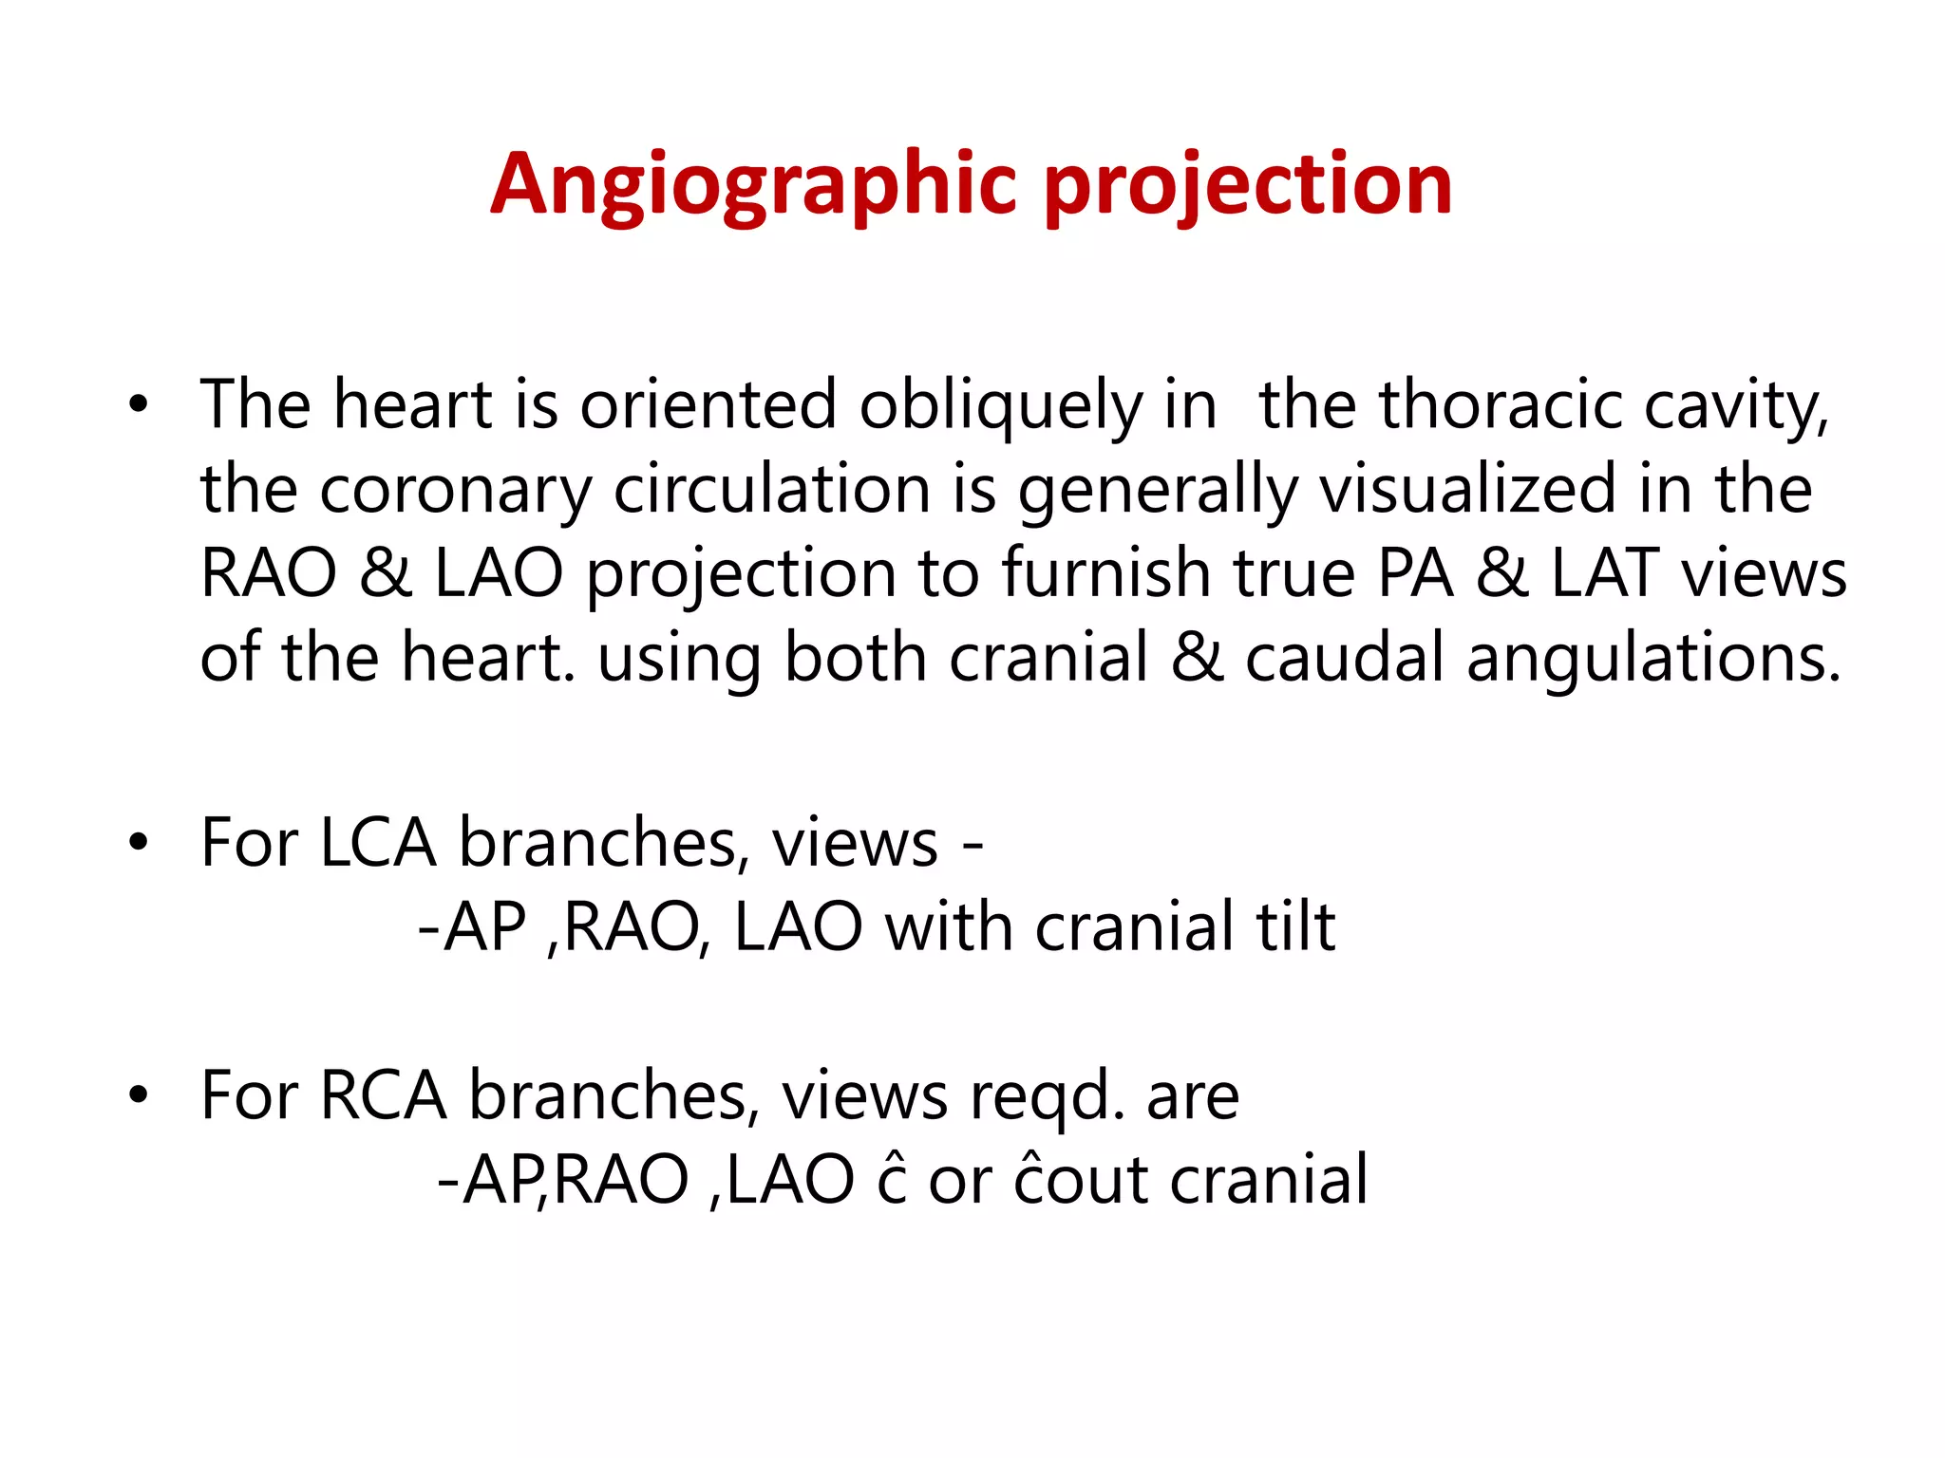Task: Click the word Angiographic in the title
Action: [752, 185]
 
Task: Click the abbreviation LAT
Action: [1605, 574]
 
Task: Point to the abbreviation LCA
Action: [377, 843]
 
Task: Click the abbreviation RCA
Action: [383, 1096]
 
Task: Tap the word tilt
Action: [1295, 927]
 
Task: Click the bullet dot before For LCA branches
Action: [140, 843]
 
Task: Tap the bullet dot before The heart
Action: [140, 406]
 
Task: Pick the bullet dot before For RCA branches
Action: [140, 1096]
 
